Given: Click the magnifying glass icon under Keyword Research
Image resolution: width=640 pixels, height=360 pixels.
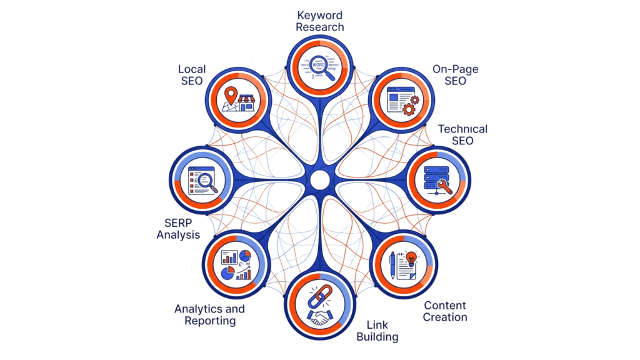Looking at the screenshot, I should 319,66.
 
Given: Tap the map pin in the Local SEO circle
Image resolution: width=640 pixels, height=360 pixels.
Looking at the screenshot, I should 232,96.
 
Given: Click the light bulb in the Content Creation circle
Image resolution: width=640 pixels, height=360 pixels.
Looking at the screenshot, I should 411,256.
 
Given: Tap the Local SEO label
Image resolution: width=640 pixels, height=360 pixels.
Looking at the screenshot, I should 191,74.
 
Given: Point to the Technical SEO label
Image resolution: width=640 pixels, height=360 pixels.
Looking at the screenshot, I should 463,135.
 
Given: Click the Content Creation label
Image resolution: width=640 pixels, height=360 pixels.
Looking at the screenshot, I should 445,311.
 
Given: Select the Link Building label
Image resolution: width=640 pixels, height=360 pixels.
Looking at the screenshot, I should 377,331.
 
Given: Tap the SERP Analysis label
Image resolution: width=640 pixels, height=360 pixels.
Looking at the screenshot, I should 178,229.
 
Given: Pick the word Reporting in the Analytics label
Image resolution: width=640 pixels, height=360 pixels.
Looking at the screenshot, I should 210,321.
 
